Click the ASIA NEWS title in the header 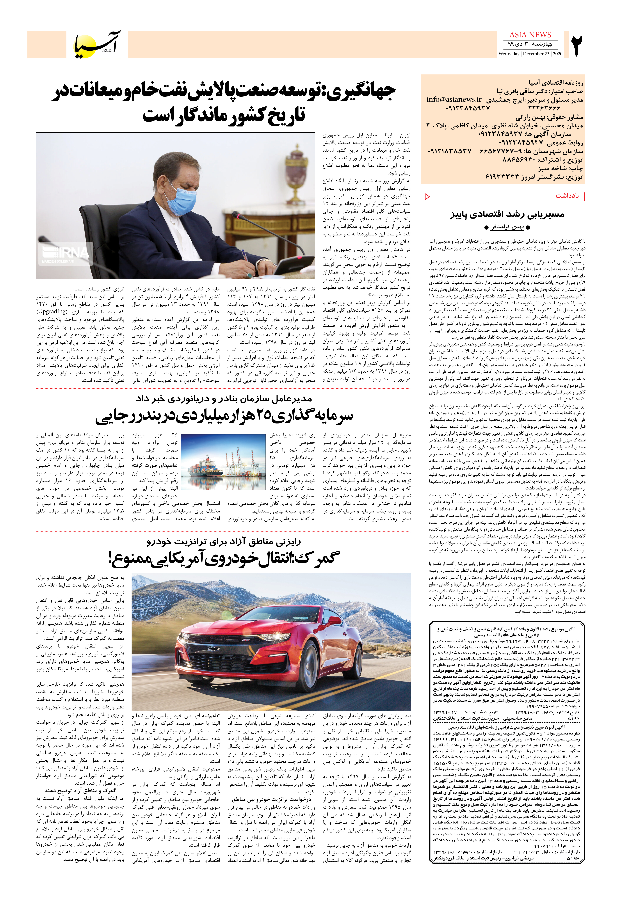point(530,35)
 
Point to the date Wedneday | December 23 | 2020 point(530,54)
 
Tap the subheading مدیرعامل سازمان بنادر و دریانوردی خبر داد point(224,399)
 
